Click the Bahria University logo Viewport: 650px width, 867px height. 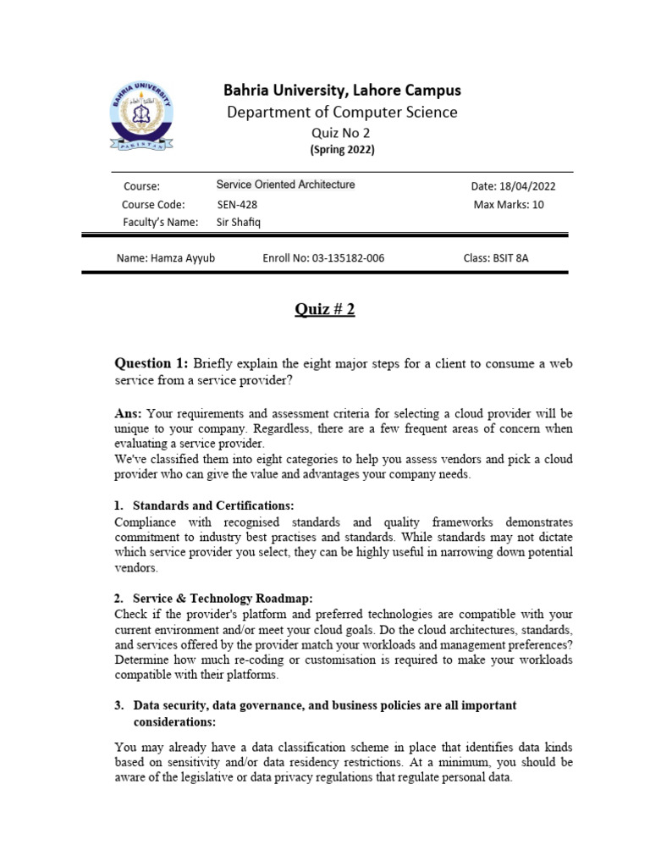(x=142, y=118)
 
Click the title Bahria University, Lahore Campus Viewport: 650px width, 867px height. (x=342, y=90)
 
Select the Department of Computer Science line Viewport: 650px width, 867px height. (x=342, y=112)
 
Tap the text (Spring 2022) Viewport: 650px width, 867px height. (x=342, y=150)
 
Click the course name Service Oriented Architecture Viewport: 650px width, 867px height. (x=285, y=185)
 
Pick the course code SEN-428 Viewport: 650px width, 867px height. (x=237, y=204)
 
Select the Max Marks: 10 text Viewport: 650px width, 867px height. (x=508, y=204)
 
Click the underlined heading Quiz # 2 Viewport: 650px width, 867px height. (x=325, y=309)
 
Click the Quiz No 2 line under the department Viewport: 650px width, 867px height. (x=342, y=133)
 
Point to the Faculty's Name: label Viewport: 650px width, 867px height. (x=160, y=222)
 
